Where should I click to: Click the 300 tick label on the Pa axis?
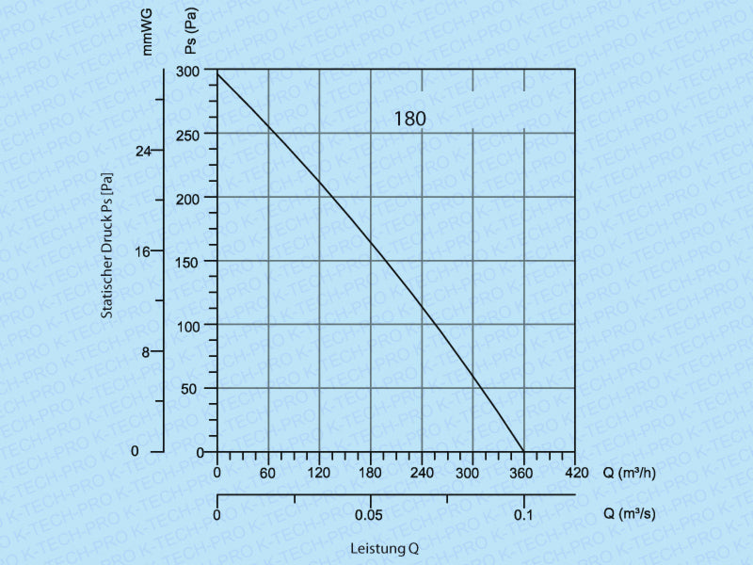[188, 71]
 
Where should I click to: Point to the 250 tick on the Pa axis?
[188, 134]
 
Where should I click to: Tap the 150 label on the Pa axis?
[188, 261]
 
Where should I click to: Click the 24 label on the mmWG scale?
[142, 151]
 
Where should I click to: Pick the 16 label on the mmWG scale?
[142, 251]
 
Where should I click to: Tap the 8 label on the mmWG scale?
[145, 352]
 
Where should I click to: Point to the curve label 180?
[410, 120]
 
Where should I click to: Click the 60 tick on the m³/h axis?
[268, 472]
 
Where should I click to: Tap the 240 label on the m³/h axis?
[421, 472]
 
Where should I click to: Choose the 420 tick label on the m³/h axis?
[574, 472]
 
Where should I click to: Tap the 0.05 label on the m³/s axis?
[369, 515]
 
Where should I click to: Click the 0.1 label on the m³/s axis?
[523, 515]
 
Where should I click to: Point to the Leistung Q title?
[384, 548]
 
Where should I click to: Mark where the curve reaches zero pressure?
[523, 451]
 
